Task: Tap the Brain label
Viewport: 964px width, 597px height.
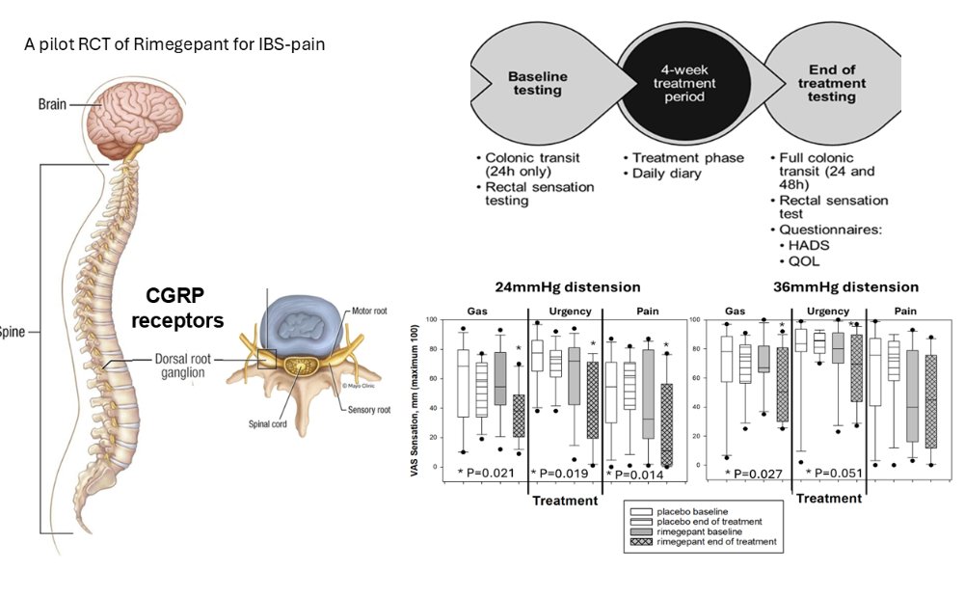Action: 52,104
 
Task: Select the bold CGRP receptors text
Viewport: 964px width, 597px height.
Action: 182,308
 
